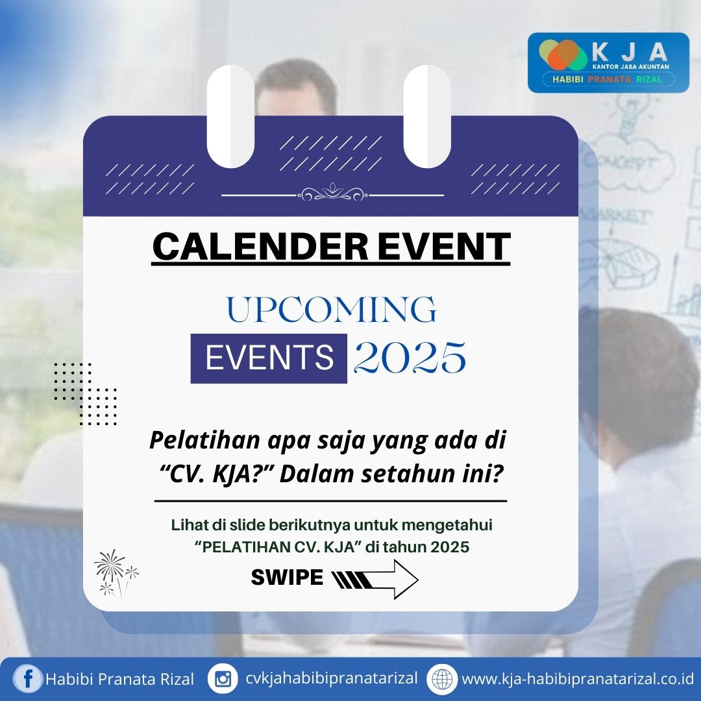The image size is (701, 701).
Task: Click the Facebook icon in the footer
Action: [28, 679]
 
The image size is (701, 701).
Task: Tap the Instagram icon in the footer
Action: [223, 679]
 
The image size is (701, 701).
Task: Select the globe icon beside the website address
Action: [442, 679]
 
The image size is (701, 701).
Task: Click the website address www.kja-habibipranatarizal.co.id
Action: [578, 679]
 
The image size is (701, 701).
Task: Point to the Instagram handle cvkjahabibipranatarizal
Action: [331, 678]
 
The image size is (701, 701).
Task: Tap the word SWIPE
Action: [287, 577]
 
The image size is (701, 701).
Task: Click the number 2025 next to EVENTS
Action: [410, 357]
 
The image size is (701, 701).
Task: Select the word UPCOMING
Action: [331, 309]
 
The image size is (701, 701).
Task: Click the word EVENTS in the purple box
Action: [269, 358]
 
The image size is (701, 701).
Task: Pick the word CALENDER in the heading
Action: [261, 247]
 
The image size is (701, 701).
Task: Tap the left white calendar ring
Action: [230, 116]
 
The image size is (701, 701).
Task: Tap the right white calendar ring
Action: [427, 116]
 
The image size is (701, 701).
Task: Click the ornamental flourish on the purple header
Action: [332, 193]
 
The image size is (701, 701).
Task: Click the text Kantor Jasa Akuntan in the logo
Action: [630, 67]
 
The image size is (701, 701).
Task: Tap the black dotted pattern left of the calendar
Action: [86, 394]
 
